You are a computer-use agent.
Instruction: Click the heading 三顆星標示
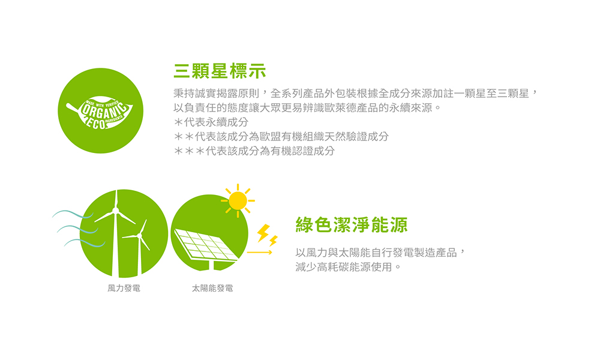pyautogui.click(x=220, y=71)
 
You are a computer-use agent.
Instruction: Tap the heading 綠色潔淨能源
pyautogui.click(x=352, y=224)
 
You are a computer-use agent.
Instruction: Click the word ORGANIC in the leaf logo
pyautogui.click(x=104, y=110)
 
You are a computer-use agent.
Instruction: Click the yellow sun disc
pyautogui.click(x=238, y=201)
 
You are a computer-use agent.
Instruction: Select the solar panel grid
pyautogui.click(x=206, y=245)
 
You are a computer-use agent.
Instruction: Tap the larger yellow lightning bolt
pyautogui.click(x=263, y=233)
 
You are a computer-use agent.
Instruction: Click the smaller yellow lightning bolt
pyautogui.click(x=273, y=241)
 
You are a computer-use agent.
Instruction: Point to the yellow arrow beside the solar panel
pyautogui.click(x=259, y=253)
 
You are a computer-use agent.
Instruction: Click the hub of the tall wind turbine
pyautogui.click(x=115, y=211)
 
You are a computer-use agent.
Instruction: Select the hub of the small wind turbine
pyautogui.click(x=139, y=236)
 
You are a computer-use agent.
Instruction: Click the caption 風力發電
pyautogui.click(x=124, y=288)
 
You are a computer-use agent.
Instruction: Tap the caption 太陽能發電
pyautogui.click(x=212, y=288)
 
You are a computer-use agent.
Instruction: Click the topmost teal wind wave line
pyautogui.click(x=73, y=213)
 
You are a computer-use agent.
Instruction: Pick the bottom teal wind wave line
pyautogui.click(x=85, y=242)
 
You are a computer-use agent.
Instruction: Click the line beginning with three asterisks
pyautogui.click(x=254, y=151)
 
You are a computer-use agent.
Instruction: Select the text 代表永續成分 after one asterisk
pyautogui.click(x=216, y=122)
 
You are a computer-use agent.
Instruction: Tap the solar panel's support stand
pyautogui.click(x=211, y=265)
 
